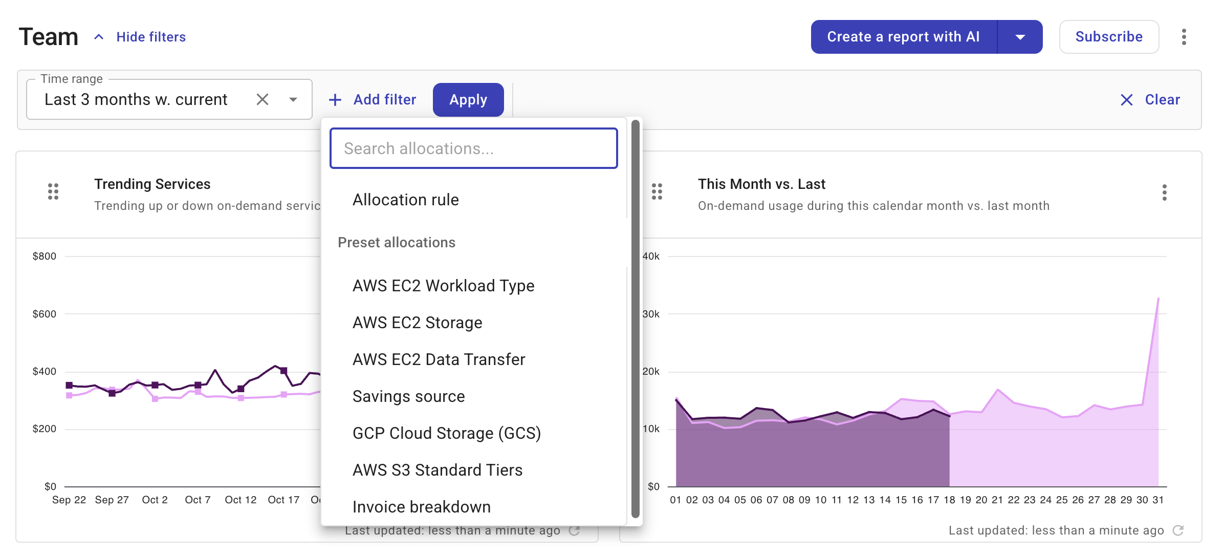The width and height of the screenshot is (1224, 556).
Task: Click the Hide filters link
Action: (150, 37)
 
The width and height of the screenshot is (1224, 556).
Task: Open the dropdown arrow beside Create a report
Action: (1020, 37)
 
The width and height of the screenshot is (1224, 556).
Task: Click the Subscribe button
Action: (1108, 37)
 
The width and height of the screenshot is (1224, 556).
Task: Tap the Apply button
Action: (468, 99)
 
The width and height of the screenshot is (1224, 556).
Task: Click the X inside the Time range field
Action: (263, 99)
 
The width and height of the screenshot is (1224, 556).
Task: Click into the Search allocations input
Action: (473, 148)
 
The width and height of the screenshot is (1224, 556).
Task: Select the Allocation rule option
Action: (405, 200)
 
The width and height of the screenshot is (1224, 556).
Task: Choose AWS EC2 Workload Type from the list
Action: (443, 286)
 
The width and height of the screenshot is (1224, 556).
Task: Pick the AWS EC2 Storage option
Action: (417, 323)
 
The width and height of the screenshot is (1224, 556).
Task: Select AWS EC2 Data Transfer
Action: (439, 359)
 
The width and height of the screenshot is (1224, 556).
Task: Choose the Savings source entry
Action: (408, 396)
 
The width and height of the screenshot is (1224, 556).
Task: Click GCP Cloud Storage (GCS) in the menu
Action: (446, 433)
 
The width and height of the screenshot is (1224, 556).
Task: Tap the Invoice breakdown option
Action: (421, 507)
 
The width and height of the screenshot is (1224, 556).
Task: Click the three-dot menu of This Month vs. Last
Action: (1164, 193)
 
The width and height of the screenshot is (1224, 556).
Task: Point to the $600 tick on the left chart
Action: (45, 314)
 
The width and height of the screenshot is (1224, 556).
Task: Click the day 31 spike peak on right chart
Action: (1158, 298)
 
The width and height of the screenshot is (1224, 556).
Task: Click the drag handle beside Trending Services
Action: (53, 191)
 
